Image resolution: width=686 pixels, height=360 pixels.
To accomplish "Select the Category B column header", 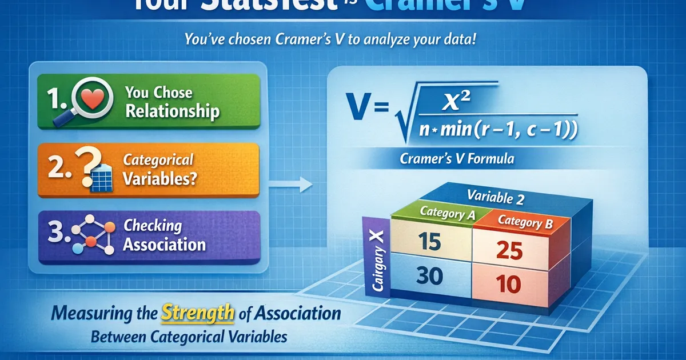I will (525, 222).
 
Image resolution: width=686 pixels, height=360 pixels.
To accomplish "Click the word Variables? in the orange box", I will (159, 178).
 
